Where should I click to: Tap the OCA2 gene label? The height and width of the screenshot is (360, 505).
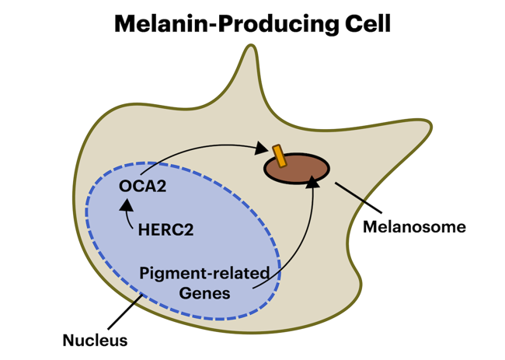click(x=142, y=187)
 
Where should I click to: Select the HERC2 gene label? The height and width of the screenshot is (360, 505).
click(x=165, y=230)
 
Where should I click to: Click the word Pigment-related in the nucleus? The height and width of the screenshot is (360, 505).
click(x=204, y=274)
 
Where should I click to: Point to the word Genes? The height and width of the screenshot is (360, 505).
click(x=204, y=293)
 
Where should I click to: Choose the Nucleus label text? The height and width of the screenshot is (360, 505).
click(x=95, y=340)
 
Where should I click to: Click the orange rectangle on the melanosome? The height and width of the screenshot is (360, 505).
click(x=278, y=156)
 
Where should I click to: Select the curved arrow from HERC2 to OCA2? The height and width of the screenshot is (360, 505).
click(x=128, y=222)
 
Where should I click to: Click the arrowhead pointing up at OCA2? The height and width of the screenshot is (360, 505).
click(x=127, y=207)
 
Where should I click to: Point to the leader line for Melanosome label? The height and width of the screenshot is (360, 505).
click(x=358, y=198)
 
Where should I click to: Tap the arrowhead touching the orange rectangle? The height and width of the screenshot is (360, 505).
click(x=263, y=147)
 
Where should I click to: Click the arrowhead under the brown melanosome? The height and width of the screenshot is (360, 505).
click(x=313, y=182)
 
